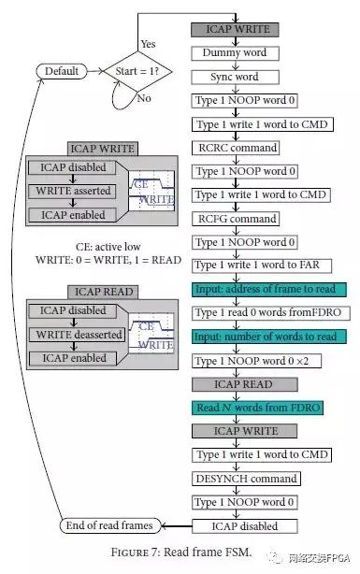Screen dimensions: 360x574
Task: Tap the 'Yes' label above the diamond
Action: pos(148,44)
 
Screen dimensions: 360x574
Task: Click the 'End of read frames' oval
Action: pos(108,525)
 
